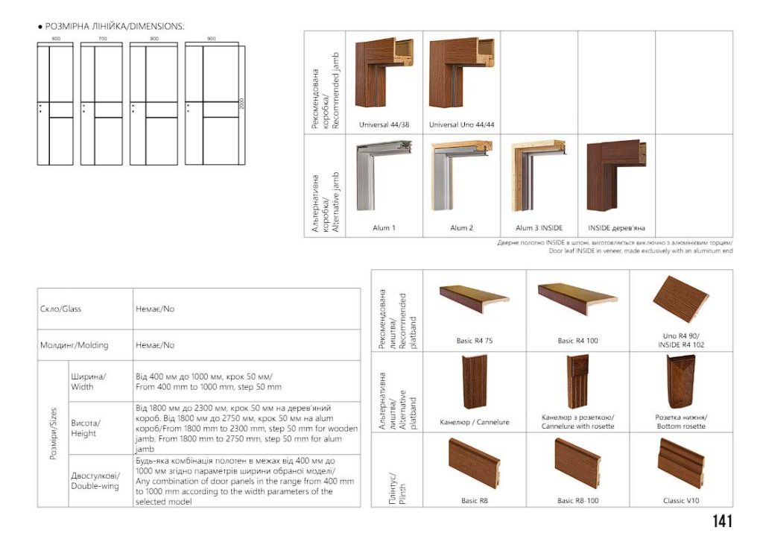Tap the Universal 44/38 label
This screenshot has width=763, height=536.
(384, 124)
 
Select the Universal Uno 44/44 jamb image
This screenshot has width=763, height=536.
(462, 75)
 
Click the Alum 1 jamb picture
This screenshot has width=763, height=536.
(384, 177)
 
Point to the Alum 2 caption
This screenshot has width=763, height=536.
(461, 227)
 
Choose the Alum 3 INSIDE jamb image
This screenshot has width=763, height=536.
(539, 177)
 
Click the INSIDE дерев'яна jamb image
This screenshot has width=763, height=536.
(616, 177)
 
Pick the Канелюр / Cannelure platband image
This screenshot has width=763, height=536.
(474, 382)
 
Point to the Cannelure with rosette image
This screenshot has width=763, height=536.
(577, 381)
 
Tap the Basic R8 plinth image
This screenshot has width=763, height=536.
(474, 463)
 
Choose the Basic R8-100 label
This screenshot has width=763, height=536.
(577, 501)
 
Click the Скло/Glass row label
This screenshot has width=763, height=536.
(60, 309)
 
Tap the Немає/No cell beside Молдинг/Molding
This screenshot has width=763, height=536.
(155, 345)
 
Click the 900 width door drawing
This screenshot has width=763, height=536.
(212, 104)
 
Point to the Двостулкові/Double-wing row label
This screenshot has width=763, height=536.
(95, 481)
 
